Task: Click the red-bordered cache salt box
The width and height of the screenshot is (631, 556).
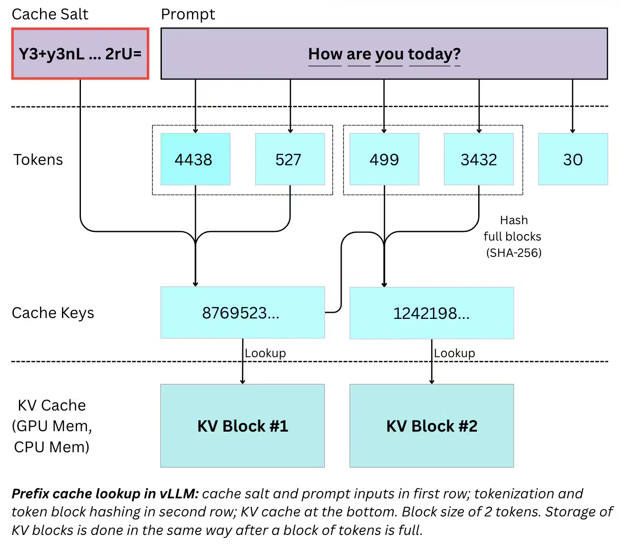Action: click(80, 54)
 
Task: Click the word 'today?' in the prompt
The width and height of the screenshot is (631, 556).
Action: click(434, 54)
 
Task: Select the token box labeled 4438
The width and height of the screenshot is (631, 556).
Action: click(195, 159)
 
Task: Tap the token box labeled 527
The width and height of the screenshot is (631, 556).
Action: click(290, 159)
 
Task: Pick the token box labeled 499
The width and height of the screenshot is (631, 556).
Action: click(384, 159)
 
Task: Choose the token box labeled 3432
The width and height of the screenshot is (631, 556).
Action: click(479, 159)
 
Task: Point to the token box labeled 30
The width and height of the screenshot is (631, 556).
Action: click(573, 159)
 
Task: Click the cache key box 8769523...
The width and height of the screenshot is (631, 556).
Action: click(242, 313)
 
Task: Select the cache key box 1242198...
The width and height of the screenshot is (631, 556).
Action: click(431, 313)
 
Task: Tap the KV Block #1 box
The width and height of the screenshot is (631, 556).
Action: click(242, 426)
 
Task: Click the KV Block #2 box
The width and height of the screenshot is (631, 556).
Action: click(431, 426)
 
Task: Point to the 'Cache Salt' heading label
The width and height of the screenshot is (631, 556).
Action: click(50, 14)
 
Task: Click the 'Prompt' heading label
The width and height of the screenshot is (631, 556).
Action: click(188, 14)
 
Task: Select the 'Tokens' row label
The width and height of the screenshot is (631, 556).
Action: click(38, 160)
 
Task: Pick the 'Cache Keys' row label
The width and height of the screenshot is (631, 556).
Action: click(53, 313)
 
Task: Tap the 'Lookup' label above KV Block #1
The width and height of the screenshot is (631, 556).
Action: click(265, 353)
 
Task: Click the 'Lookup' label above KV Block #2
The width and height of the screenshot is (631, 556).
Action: click(455, 353)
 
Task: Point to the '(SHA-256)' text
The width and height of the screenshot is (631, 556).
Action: click(513, 253)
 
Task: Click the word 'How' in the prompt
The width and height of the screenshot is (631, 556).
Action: click(325, 54)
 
